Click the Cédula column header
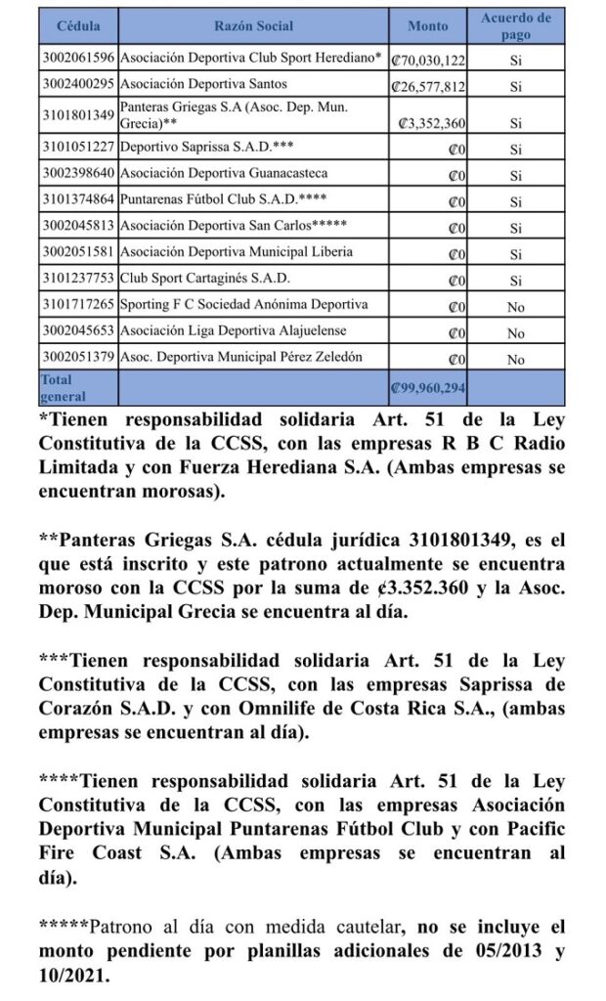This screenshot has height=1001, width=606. tap(77, 26)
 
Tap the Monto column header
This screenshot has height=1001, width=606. tap(428, 26)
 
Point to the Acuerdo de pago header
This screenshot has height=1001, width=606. tap(516, 26)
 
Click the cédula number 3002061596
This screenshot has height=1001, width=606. tap(77, 58)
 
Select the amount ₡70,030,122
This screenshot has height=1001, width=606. tap(428, 59)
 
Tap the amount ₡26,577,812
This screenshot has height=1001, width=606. tap(428, 86)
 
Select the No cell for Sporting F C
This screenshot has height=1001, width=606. tap(515, 306)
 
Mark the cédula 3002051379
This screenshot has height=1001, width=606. tap(77, 358)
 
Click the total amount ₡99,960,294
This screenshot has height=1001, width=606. tap(427, 388)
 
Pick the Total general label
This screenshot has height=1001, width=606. tap(60, 388)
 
